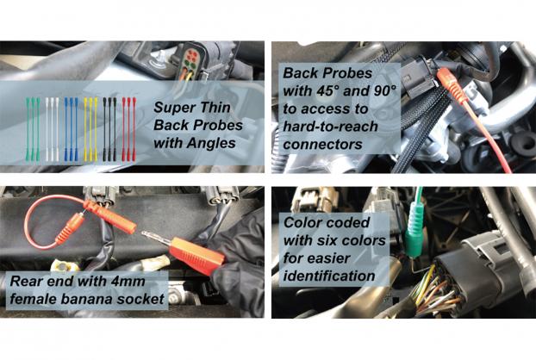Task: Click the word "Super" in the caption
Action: pos(173,108)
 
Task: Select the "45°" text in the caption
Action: pos(327,90)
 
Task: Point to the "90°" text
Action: pos(383,90)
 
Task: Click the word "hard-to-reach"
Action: pos(330,127)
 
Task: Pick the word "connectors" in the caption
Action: pos(322,145)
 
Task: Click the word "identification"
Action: pos(329,276)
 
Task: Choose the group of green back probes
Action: pos(33,128)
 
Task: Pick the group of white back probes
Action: pos(52,128)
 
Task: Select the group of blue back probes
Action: pos(72,128)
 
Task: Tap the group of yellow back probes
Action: pos(90,128)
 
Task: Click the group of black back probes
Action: pos(109,128)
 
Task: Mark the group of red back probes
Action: pos(129,128)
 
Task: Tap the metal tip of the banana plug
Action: pos(155,238)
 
